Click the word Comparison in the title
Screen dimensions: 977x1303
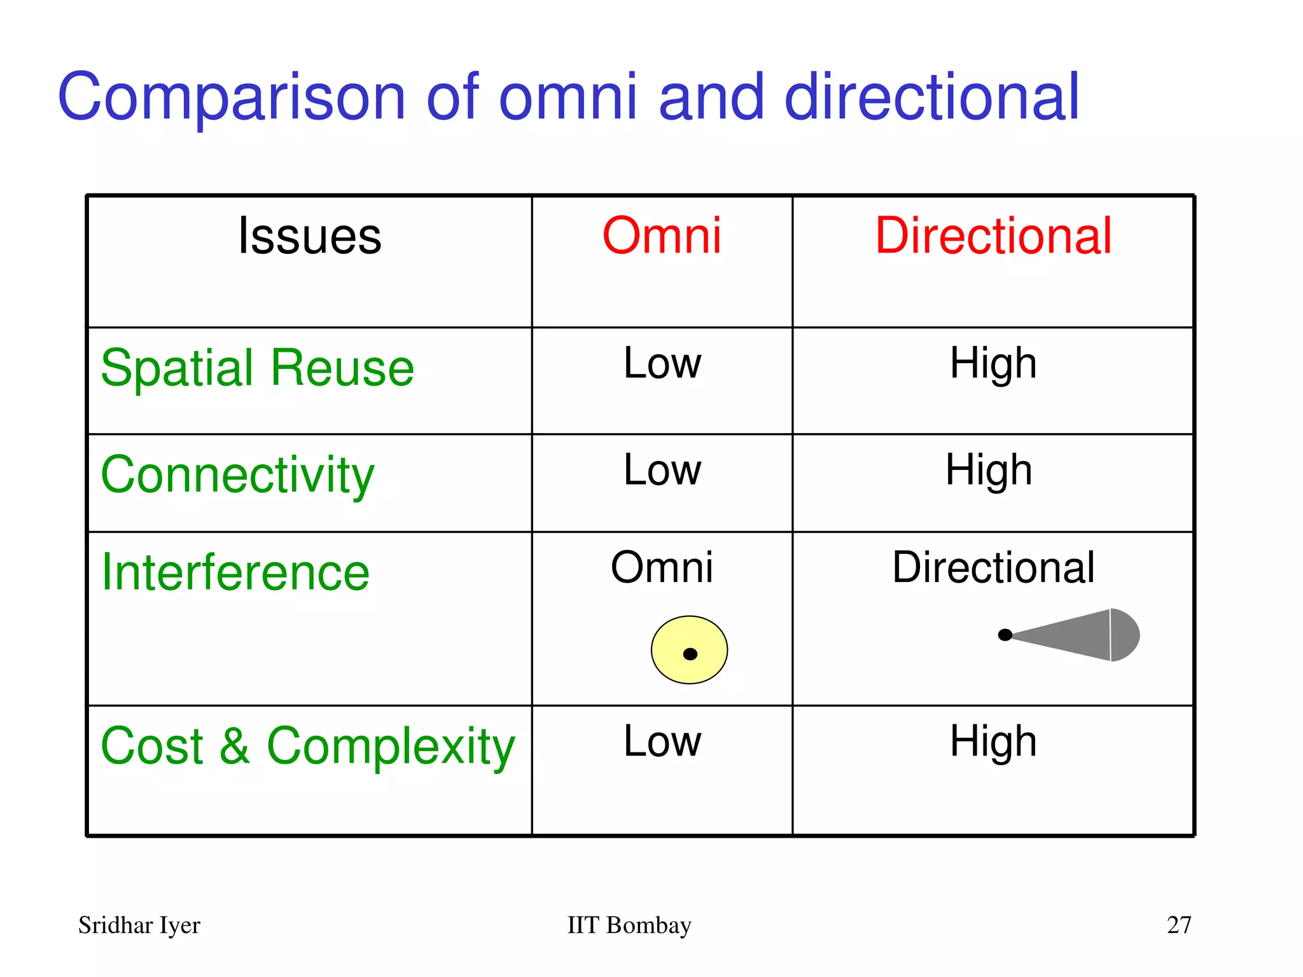(x=231, y=97)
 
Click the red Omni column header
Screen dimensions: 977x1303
(x=662, y=237)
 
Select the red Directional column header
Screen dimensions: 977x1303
(x=993, y=237)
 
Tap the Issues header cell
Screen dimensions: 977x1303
(x=309, y=237)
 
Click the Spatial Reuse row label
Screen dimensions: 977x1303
(x=257, y=369)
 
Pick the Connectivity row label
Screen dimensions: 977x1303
(x=237, y=476)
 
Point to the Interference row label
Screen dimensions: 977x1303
(x=235, y=572)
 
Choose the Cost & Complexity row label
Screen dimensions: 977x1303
(x=307, y=746)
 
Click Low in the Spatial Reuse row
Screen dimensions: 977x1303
(x=662, y=364)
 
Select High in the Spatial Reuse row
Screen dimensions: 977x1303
(x=993, y=364)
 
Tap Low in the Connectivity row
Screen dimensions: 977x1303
(x=662, y=471)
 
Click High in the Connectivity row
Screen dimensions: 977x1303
(x=988, y=471)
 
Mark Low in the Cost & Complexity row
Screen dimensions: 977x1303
(x=662, y=742)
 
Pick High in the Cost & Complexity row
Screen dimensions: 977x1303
(x=993, y=742)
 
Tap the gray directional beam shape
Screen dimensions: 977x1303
(x=1082, y=635)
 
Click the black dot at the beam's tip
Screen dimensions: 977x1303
(x=1005, y=635)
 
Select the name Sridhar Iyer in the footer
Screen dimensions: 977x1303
(x=139, y=925)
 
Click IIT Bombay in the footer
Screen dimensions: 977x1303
(x=629, y=925)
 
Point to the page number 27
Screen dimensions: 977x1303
(x=1178, y=925)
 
